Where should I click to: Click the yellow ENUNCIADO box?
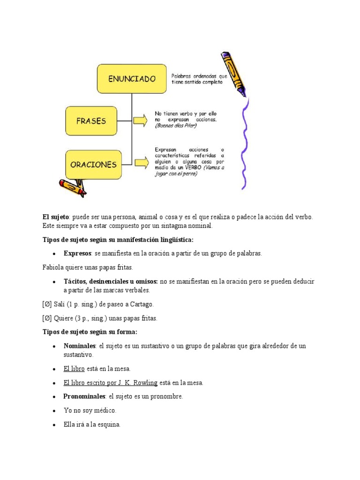pos(132,79)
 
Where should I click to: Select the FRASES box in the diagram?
pos(91,120)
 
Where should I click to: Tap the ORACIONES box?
pos(93,165)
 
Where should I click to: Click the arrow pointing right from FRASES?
pos(140,120)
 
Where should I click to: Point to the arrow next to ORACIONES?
pos(142,162)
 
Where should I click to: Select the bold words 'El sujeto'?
pos(55,217)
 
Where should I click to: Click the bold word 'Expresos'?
pos(77,253)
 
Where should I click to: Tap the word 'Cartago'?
pos(141,304)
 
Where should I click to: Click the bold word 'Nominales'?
pos(80,346)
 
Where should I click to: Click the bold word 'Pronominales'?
pos(84,396)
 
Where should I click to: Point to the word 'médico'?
pos(105,410)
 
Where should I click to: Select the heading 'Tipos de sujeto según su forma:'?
pos(90,332)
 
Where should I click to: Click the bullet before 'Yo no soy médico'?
pos(54,411)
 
